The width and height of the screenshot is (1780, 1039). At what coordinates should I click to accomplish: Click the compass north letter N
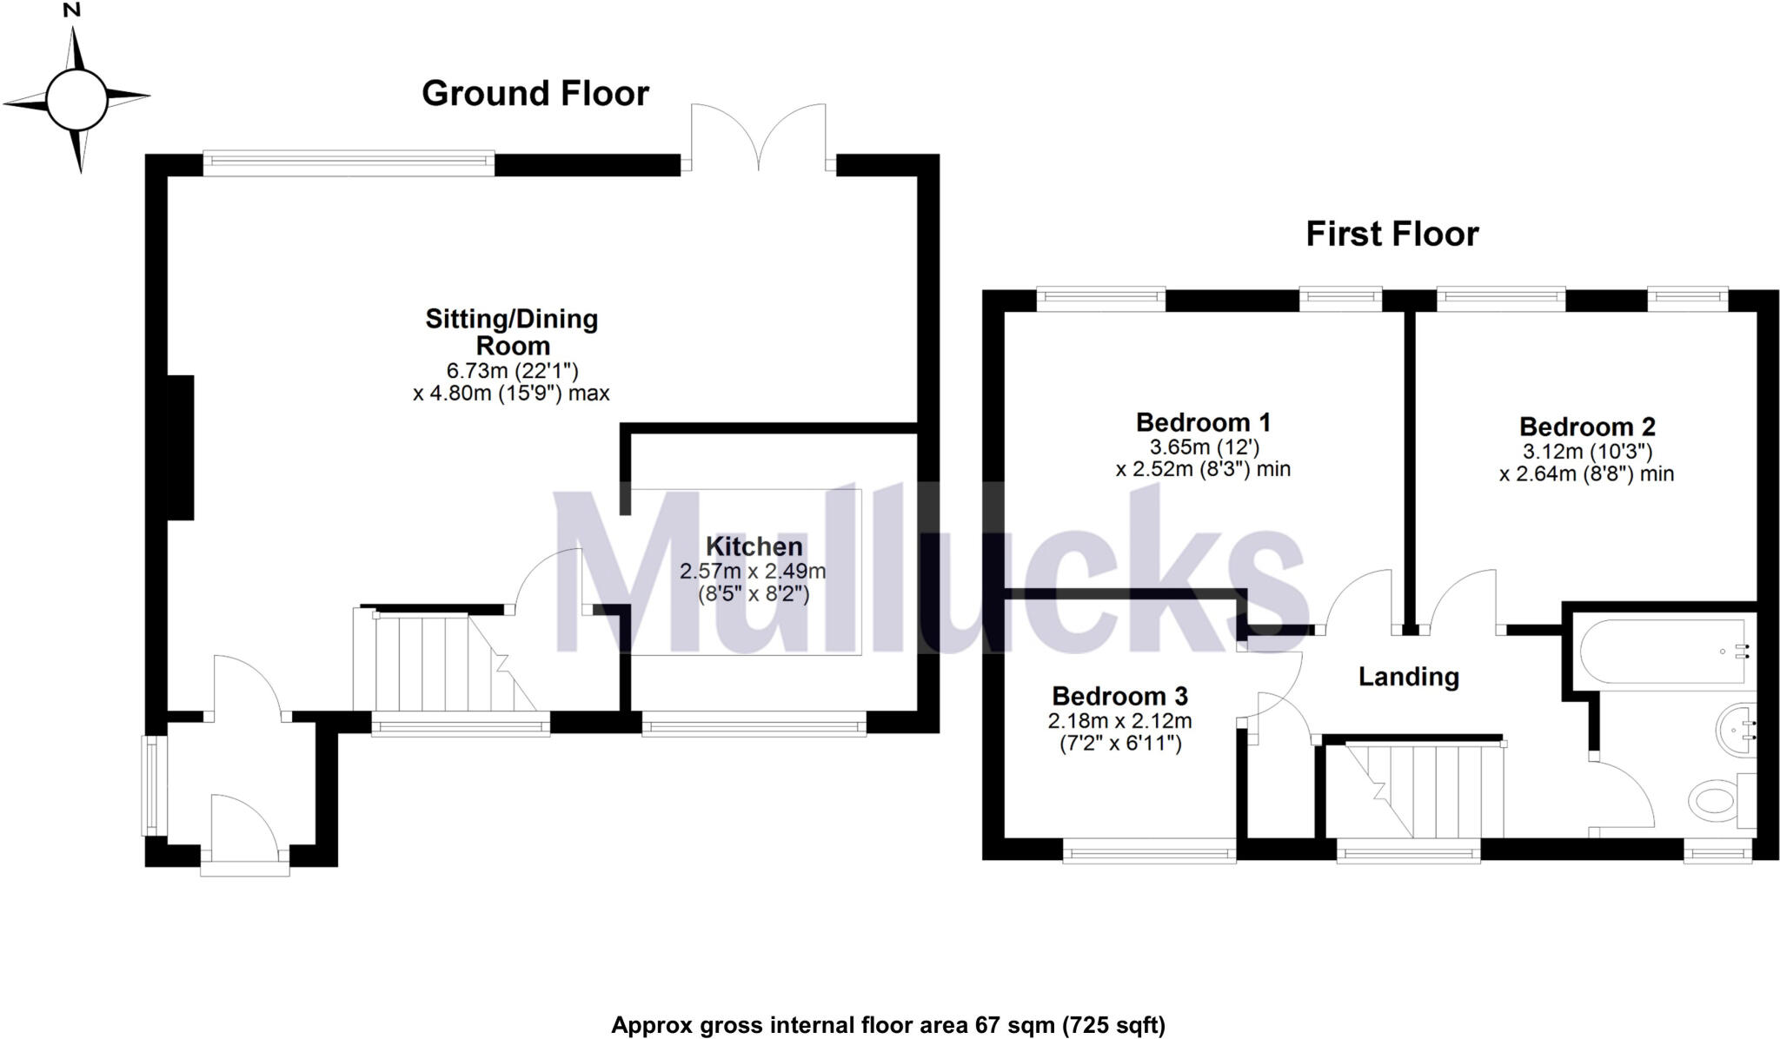tap(72, 10)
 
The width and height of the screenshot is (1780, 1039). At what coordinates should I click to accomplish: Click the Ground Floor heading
tap(535, 94)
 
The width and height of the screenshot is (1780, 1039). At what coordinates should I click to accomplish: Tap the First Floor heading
tap(1392, 235)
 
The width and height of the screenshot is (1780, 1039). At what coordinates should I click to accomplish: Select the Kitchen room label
tap(754, 546)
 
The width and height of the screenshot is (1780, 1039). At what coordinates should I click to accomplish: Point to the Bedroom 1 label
tap(1203, 422)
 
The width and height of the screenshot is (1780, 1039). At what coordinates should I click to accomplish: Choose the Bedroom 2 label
tap(1587, 427)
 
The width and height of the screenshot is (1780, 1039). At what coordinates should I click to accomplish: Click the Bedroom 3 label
tap(1119, 696)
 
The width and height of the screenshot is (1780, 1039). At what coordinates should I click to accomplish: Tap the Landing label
tap(1408, 677)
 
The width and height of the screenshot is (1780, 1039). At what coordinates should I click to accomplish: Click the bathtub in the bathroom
tap(1663, 652)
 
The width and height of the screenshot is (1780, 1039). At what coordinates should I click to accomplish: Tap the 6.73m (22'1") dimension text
tap(512, 372)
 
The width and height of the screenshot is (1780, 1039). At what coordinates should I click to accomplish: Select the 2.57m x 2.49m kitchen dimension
tap(753, 572)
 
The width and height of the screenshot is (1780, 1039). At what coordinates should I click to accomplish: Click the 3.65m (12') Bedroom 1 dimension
tap(1204, 447)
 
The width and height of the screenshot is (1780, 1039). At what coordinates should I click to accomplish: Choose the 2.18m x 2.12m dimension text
tap(1120, 721)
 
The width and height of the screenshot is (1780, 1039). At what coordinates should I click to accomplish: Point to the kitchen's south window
tap(754, 724)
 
